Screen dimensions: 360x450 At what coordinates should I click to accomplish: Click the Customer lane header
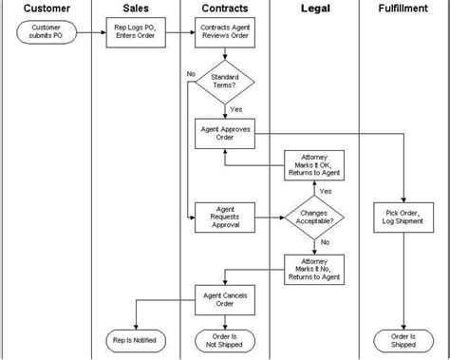click(45, 9)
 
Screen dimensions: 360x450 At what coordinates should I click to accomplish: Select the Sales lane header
click(136, 9)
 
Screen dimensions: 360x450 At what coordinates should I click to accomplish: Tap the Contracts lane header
click(225, 9)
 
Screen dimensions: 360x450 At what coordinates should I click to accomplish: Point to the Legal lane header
click(315, 9)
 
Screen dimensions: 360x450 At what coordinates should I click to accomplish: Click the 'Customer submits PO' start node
click(46, 33)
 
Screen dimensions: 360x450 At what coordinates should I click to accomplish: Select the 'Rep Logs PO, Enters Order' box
click(135, 33)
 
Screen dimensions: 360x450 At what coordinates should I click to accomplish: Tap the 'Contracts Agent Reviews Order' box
click(225, 33)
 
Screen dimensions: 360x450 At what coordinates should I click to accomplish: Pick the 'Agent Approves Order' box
click(225, 132)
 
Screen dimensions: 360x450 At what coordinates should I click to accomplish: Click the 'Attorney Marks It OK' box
click(315, 165)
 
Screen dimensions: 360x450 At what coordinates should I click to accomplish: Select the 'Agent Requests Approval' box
click(225, 217)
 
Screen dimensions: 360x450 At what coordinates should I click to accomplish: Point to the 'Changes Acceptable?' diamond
click(315, 217)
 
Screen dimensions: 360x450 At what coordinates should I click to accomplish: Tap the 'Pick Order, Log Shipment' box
click(404, 217)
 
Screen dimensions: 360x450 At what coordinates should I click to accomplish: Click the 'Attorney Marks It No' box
click(315, 269)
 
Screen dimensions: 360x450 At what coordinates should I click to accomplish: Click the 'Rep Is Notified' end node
click(135, 339)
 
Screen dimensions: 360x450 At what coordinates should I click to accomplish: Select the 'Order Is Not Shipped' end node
click(225, 339)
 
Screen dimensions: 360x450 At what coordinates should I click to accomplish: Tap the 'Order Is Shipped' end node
click(404, 339)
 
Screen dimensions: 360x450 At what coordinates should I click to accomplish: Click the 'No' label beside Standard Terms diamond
click(191, 73)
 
